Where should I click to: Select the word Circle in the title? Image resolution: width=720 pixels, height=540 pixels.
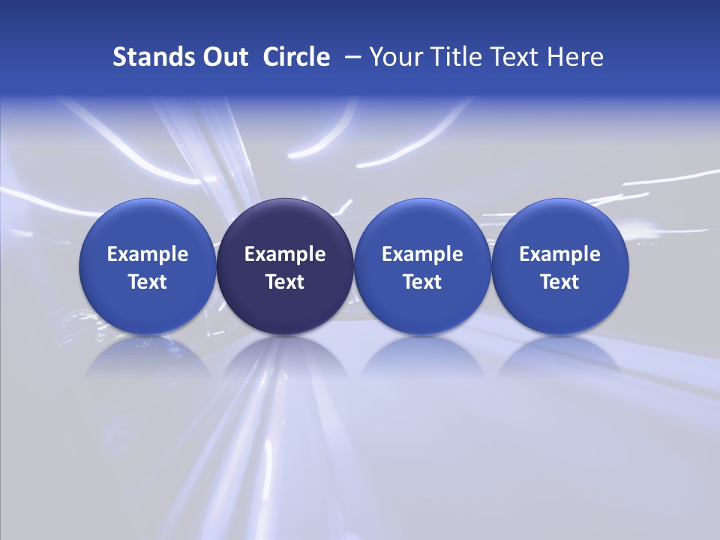click(x=296, y=57)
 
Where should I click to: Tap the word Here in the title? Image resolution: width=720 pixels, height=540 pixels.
click(x=575, y=57)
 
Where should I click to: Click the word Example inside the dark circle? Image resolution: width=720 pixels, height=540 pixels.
click(x=285, y=254)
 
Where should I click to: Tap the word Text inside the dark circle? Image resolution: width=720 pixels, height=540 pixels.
click(x=285, y=282)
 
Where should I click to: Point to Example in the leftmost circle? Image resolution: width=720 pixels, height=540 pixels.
click(x=148, y=254)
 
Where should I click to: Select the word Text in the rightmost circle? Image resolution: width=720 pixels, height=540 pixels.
click(x=559, y=282)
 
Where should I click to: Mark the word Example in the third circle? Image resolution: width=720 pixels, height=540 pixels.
click(x=422, y=254)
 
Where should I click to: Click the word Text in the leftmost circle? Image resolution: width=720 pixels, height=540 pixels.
click(x=148, y=282)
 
